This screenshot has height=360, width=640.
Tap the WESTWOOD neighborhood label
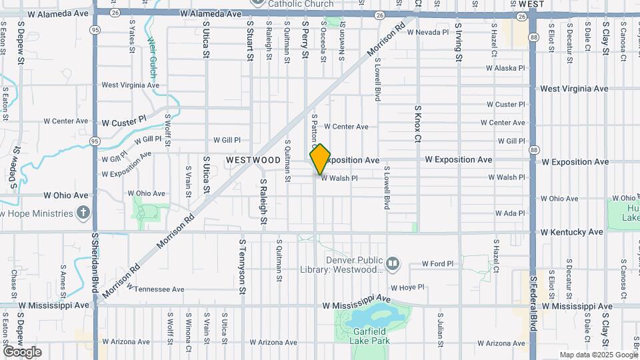[x=253, y=160]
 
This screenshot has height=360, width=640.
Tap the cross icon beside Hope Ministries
[x=83, y=213]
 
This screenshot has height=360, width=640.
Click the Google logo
[x=22, y=352]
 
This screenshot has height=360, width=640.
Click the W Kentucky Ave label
[x=572, y=232]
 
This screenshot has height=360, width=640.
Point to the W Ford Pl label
[x=437, y=263]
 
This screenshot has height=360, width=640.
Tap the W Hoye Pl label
[x=407, y=288]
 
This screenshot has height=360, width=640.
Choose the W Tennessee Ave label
[x=155, y=289]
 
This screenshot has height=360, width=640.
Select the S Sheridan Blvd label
[x=94, y=267]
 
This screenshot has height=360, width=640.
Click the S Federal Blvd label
[x=533, y=304]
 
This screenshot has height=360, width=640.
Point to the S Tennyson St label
[x=242, y=267]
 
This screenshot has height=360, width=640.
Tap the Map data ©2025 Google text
[x=598, y=355]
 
